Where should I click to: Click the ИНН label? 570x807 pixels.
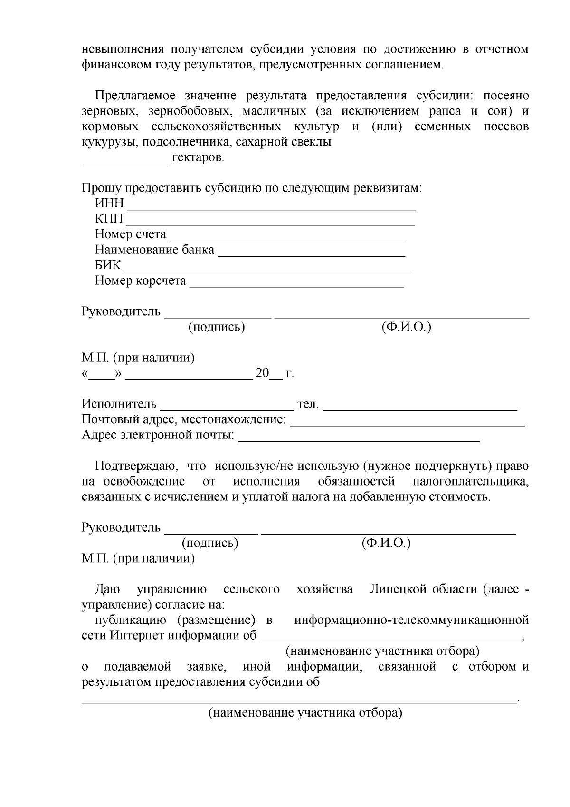[x=109, y=204]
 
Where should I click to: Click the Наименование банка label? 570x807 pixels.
[x=154, y=250]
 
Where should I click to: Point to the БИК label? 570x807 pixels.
[x=108, y=265]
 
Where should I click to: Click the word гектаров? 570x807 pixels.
[x=198, y=157]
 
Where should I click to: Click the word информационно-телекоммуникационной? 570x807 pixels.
[x=411, y=621]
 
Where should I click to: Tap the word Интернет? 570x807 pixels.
[x=136, y=636]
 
